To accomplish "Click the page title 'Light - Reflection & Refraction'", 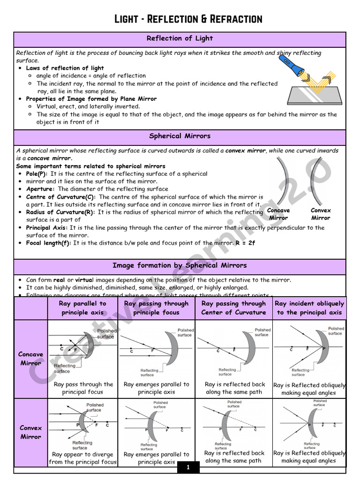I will coord(188,19).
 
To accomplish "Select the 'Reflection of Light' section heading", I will coord(180,38).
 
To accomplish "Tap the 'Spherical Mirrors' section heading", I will coord(180,136).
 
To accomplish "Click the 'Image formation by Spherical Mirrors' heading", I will coord(180,265).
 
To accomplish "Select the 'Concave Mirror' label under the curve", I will coord(278,214).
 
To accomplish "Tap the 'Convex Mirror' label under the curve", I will coord(321,214).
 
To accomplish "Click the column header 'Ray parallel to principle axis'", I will coord(82,308).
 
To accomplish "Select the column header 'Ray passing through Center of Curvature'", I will coord(233,308).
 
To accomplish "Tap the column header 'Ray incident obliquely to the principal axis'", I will coord(309,308).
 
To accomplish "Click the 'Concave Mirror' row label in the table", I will coord(30,359).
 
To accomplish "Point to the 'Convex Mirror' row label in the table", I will coord(30,432).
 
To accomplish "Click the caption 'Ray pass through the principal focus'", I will coord(83,388).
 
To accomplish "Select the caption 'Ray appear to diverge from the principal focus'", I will coord(82,458).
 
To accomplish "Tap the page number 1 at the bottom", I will coord(188,467).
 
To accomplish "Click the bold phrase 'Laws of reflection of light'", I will coord(65,68).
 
